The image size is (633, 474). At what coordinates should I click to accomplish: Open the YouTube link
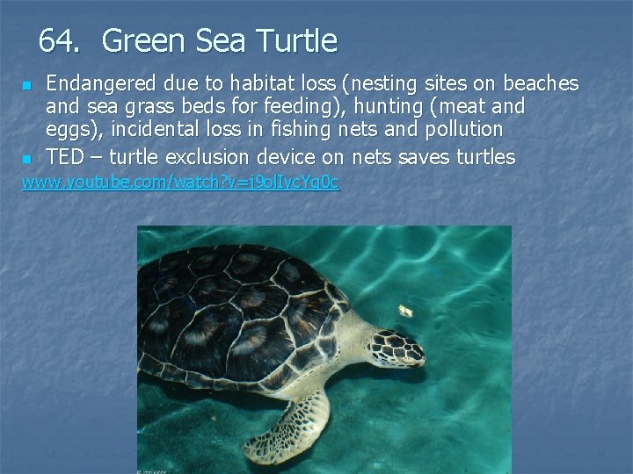point(180,183)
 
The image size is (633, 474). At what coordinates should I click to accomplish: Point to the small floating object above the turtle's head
point(406,311)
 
